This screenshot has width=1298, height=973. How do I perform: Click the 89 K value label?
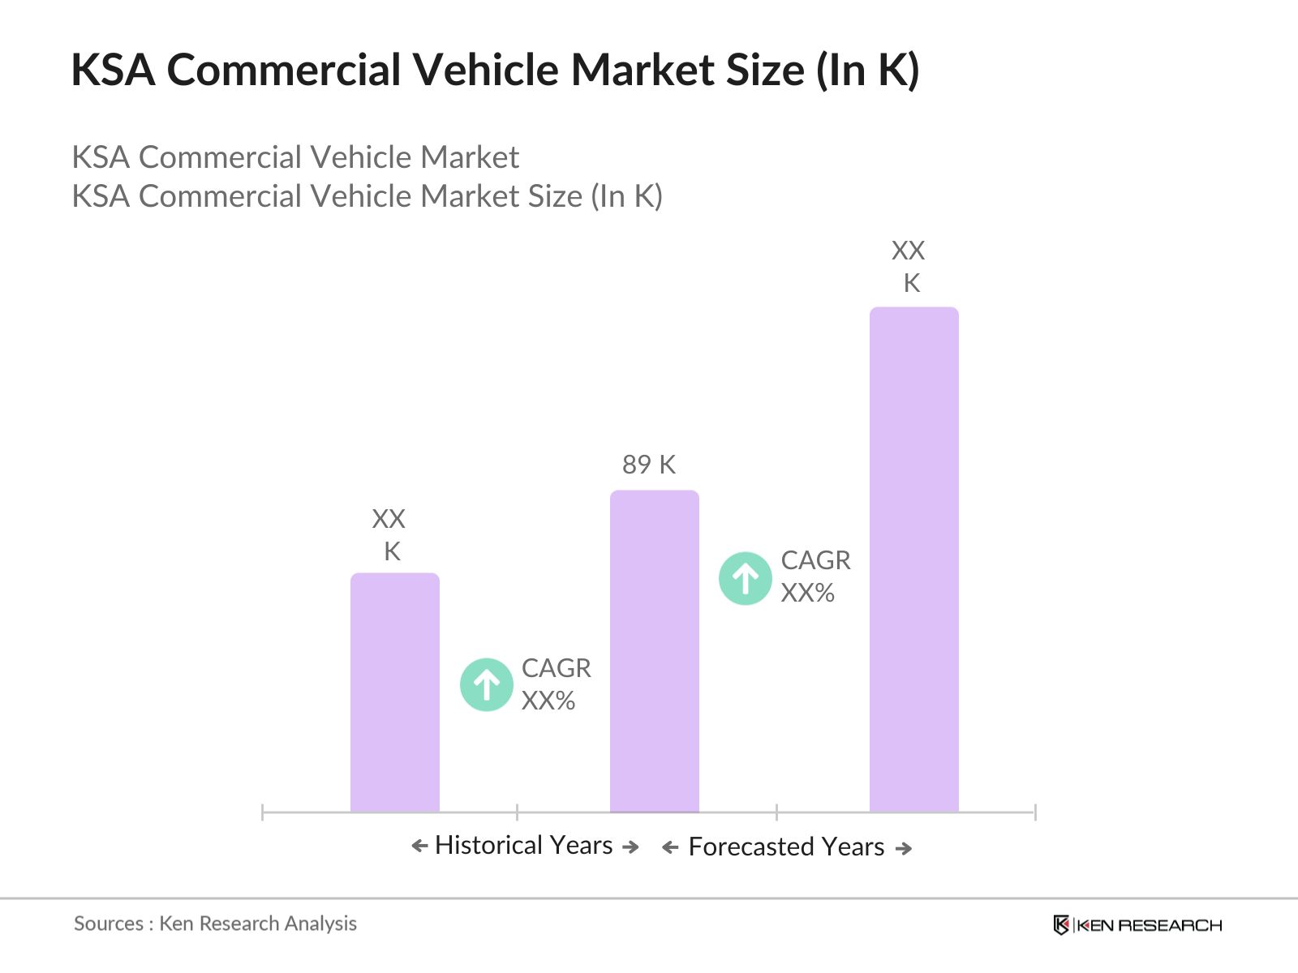click(648, 465)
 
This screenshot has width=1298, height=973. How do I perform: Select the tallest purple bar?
click(913, 559)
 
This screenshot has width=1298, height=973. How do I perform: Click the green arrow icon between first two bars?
click(486, 684)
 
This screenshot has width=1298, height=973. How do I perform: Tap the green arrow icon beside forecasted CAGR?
click(745, 578)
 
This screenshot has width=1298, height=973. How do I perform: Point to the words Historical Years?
click(523, 845)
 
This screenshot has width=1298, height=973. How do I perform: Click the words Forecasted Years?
click(785, 847)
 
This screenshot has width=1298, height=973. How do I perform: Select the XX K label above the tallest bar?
click(909, 266)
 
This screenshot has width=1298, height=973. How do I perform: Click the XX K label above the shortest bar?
click(389, 534)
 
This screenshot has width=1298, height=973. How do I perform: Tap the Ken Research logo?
click(1137, 925)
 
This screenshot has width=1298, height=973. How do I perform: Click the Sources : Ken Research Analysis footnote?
click(215, 924)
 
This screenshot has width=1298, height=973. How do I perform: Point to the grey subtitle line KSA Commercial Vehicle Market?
click(295, 157)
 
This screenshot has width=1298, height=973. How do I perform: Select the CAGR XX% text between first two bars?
click(556, 684)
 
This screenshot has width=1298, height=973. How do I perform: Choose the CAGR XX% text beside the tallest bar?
click(815, 577)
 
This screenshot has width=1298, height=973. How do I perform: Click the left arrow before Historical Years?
click(419, 847)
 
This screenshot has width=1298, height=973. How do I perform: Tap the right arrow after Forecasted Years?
click(904, 848)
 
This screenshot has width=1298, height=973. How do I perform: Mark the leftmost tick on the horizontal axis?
click(263, 812)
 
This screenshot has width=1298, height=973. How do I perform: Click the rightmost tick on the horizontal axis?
click(1034, 812)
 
